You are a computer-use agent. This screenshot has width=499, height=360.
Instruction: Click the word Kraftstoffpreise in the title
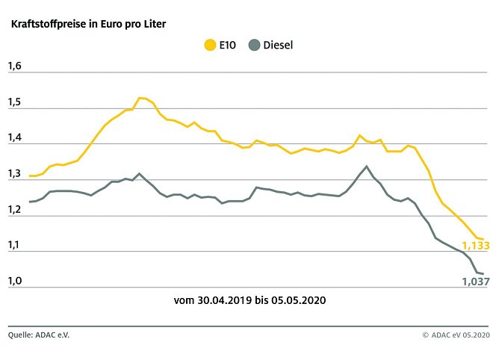click(46, 24)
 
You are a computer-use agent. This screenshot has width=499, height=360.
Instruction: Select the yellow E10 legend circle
click(210, 46)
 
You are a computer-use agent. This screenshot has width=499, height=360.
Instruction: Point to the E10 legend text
click(229, 46)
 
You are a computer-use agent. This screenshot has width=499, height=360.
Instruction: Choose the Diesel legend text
click(279, 46)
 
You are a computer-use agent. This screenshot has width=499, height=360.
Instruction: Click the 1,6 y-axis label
click(15, 66)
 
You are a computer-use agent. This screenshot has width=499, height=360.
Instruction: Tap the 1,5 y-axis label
click(15, 102)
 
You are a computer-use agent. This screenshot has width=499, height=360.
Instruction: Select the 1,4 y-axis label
click(15, 138)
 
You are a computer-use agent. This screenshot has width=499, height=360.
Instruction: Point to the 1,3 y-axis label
click(15, 174)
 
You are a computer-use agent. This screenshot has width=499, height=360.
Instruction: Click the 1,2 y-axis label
click(15, 210)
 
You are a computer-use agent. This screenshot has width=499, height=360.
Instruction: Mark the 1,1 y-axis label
click(15, 246)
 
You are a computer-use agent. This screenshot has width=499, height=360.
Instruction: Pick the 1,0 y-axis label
click(15, 282)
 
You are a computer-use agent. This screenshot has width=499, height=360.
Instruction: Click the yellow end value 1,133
click(476, 246)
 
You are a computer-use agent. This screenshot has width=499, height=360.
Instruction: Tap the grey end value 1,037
click(476, 282)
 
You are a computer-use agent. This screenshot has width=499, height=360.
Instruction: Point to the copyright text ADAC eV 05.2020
click(460, 335)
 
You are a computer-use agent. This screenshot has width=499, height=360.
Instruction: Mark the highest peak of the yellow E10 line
click(140, 98)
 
